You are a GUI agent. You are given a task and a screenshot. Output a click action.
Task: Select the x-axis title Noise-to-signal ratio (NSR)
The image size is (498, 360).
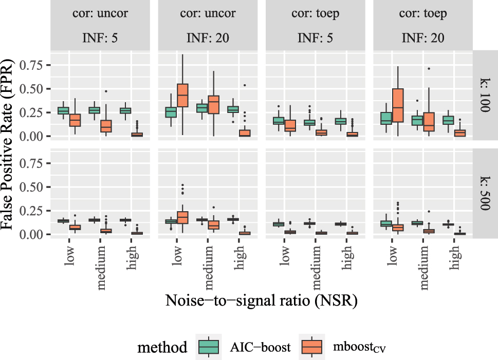tap(261, 301)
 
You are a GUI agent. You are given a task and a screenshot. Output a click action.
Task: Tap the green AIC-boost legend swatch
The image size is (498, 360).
tap(209, 348)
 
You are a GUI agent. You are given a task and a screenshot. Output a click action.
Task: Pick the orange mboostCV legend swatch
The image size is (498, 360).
tap(311, 348)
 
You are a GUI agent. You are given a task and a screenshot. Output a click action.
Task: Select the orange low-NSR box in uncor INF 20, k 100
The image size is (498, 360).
tap(182, 95)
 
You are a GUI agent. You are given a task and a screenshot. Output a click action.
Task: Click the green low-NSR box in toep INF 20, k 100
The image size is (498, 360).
tap(386, 118)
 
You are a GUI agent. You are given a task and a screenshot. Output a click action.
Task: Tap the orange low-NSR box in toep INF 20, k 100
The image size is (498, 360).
tap(397, 105)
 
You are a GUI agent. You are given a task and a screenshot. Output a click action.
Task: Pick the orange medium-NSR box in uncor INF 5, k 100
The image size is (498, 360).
tap(106, 126)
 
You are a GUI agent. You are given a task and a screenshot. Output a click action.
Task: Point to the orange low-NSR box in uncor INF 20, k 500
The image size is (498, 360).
tap(182, 217)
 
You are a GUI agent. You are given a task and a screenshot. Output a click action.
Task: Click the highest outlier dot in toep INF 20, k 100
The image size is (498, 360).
tap(429, 68)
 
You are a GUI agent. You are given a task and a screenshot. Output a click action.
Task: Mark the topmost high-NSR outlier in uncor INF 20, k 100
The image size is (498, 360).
tap(245, 85)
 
